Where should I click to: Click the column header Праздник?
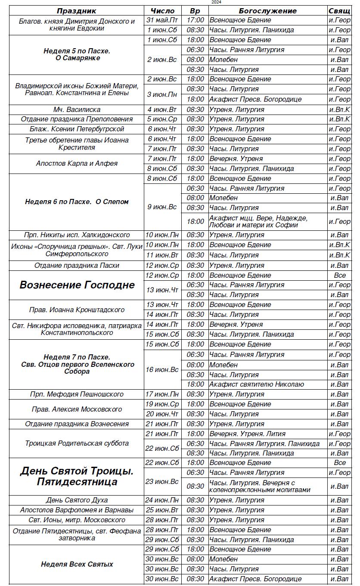pyautogui.click(x=77, y=11)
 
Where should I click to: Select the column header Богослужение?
pyautogui.click(x=267, y=11)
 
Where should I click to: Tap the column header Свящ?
pyautogui.click(x=339, y=11)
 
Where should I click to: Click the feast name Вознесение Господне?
pyautogui.click(x=77, y=285)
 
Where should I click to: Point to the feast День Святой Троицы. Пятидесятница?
pyautogui.click(x=77, y=476)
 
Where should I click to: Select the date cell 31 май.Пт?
pyautogui.click(x=162, y=20)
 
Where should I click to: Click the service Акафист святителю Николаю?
pyautogui.click(x=257, y=384)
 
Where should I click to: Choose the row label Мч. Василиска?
pyautogui.click(x=77, y=109)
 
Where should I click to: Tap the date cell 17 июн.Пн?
pyautogui.click(x=162, y=394)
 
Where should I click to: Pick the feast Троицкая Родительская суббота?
pyautogui.click(x=77, y=443)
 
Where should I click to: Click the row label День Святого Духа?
pyautogui.click(x=77, y=500)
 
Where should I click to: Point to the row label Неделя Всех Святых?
pyautogui.click(x=77, y=564)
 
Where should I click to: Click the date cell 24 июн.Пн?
pyautogui.click(x=162, y=500)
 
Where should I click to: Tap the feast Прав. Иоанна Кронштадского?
pyautogui.click(x=77, y=310)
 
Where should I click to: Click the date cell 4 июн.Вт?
pyautogui.click(x=162, y=109)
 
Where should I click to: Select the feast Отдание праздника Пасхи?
pyautogui.click(x=77, y=266)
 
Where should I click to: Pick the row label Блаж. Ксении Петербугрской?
pyautogui.click(x=77, y=129)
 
